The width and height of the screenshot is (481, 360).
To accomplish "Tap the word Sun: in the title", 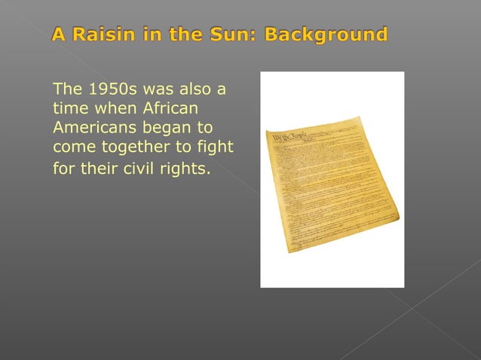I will tap(233, 35).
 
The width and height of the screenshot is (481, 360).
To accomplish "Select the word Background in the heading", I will tap(326, 35).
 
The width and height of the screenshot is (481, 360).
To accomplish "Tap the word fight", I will tap(216, 146).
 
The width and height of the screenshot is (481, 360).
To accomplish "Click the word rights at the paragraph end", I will tap(186, 167).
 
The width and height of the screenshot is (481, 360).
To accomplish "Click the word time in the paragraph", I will tap(70, 108).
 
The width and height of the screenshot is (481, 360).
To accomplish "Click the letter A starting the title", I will tap(59, 35).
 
